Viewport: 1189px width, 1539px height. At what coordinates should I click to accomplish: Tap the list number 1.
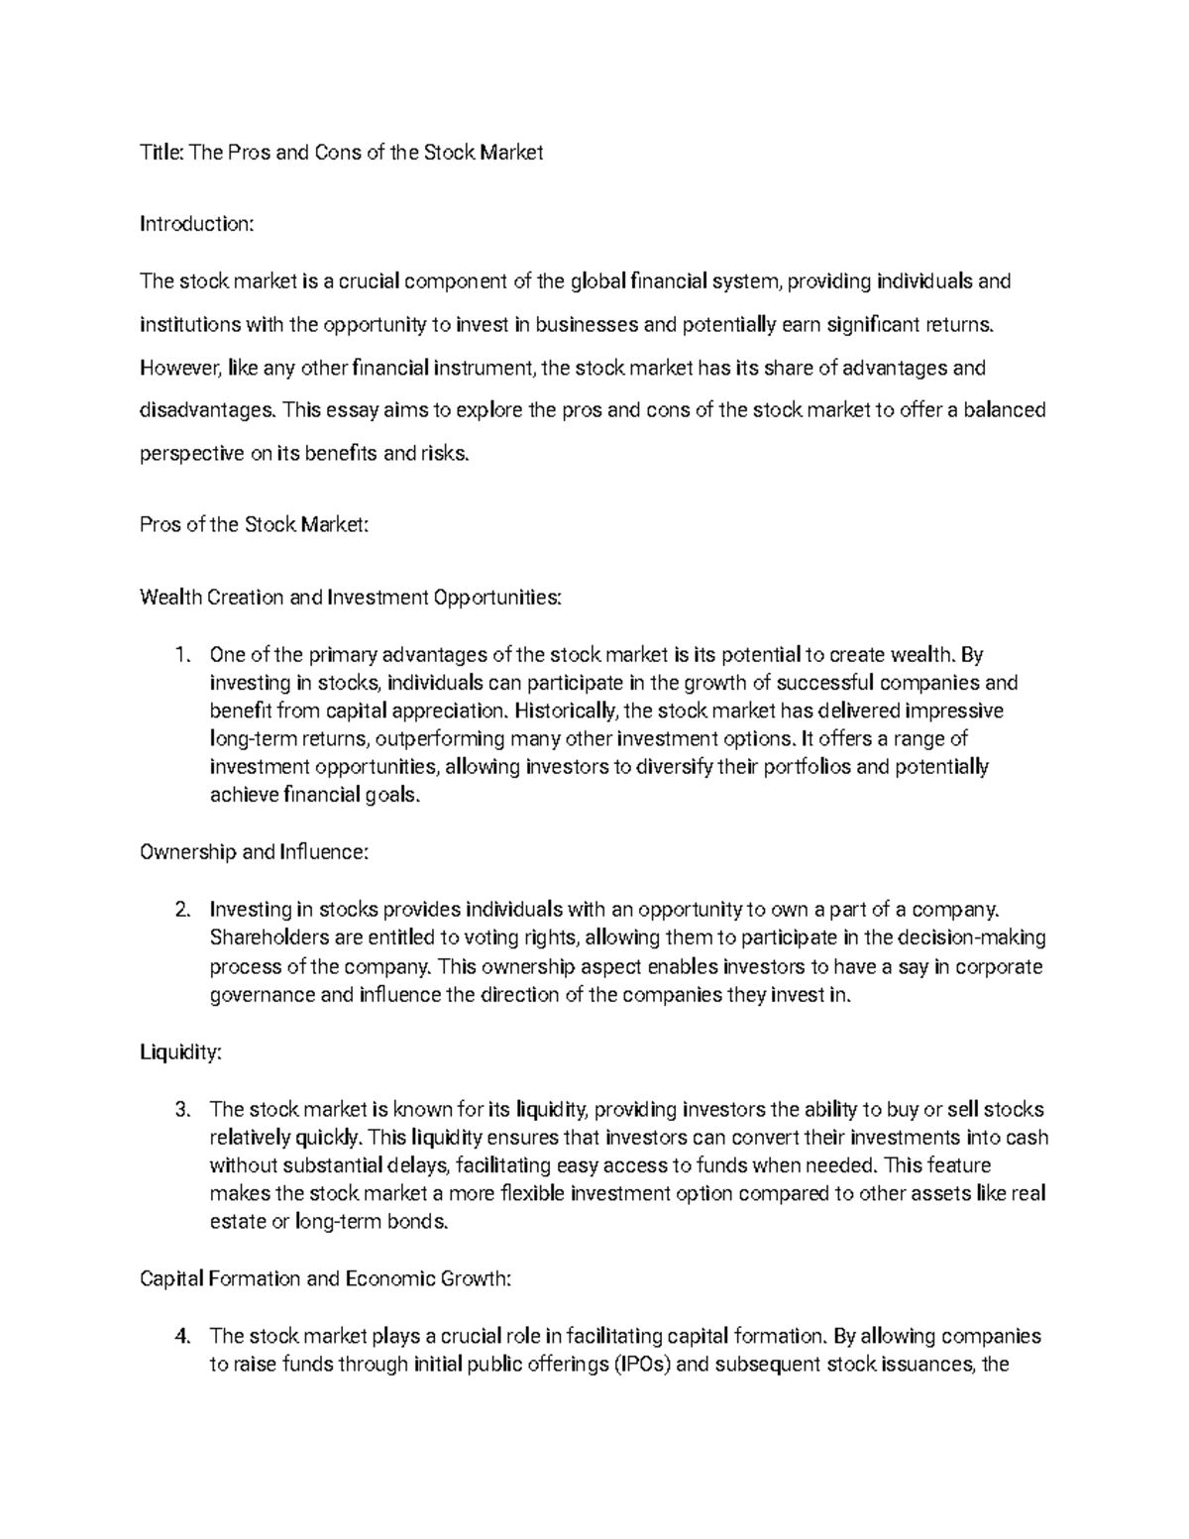tap(179, 655)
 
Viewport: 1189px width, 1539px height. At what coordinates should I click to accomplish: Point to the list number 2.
tap(180, 910)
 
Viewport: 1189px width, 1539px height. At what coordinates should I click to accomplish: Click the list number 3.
tap(180, 1110)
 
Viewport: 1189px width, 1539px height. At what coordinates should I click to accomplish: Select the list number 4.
tap(180, 1337)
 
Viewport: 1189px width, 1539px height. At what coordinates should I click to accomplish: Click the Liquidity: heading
tap(181, 1053)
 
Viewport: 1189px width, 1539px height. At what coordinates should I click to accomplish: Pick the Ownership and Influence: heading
tap(255, 853)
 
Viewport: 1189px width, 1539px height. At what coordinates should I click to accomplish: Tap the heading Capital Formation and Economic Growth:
tap(326, 1279)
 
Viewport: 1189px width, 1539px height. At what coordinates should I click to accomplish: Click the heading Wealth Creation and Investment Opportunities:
tap(351, 598)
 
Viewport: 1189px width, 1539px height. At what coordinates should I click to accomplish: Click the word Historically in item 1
tap(567, 712)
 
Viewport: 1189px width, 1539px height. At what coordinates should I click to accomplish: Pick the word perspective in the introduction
tap(191, 455)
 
